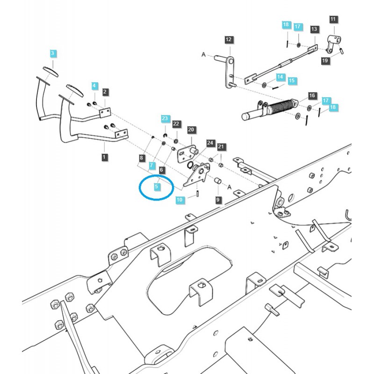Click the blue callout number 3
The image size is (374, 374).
click(53, 53)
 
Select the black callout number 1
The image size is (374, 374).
click(104, 157)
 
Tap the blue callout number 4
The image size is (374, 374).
click(94, 86)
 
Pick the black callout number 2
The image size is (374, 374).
click(105, 92)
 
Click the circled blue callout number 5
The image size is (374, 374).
click(157, 187)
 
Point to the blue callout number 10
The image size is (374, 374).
click(180, 200)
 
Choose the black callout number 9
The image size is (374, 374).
click(218, 200)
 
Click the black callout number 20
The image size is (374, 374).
click(191, 129)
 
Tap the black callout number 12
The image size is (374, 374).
click(229, 40)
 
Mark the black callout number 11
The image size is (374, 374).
click(333, 19)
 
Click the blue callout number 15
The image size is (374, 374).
click(292, 81)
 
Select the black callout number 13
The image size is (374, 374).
click(314, 29)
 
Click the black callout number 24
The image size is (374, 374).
click(210, 143)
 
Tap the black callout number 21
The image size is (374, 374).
click(221, 147)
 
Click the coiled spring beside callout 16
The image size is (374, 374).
click(280, 108)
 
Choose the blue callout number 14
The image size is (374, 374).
click(280, 77)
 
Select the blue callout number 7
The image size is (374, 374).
click(151, 165)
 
